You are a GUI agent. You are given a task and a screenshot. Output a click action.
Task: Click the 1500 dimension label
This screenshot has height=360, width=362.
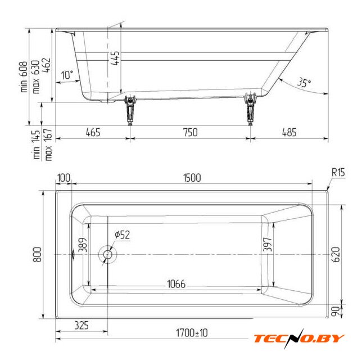pos(192,178)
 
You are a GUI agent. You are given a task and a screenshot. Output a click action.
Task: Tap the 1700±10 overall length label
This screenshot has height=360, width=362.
pos(192,333)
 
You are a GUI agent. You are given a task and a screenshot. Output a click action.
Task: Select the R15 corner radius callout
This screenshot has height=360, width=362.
pos(338,172)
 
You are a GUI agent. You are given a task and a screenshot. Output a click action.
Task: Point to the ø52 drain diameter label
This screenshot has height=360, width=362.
pos(123,235)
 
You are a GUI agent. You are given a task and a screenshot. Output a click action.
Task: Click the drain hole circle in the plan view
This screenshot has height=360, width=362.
pos(107,254)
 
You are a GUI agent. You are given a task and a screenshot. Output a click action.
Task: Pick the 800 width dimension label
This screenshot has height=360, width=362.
pos(38,254)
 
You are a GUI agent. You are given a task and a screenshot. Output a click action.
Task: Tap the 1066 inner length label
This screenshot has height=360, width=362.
pos(176,284)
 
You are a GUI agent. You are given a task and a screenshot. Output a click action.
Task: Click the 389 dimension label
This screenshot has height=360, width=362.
pos(83,245)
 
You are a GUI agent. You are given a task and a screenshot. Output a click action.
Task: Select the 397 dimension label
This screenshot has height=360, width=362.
pos(268,244)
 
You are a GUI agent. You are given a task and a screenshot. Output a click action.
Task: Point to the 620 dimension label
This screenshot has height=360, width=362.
pos(336,254)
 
